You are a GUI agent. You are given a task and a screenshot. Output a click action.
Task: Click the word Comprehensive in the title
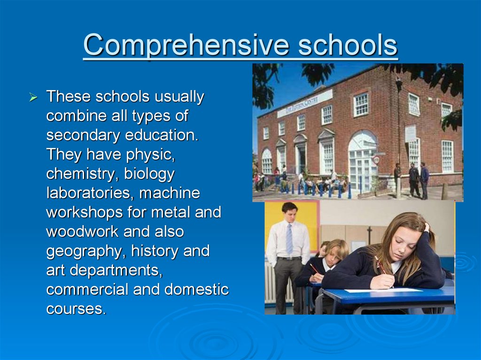pos(186,45)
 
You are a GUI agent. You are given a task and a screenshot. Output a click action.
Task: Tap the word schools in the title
pos(348,45)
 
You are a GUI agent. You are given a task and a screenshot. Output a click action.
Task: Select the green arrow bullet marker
pos(33,98)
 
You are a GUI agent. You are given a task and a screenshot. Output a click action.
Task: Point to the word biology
pos(149,174)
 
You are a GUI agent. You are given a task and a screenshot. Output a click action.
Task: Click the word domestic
pos(197,290)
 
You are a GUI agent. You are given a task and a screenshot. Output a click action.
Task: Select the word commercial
pos(87,290)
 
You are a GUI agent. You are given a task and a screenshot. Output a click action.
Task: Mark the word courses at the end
pos(76,309)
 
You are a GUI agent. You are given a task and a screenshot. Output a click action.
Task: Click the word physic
pos(150,155)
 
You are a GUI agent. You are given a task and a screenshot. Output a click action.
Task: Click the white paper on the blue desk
pos(383,290)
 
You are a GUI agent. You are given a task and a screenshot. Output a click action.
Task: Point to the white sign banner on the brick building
pos(304,103)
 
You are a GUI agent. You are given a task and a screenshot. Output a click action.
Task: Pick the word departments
pos(116,271)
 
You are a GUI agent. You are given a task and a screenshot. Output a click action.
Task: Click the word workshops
pos(85,213)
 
